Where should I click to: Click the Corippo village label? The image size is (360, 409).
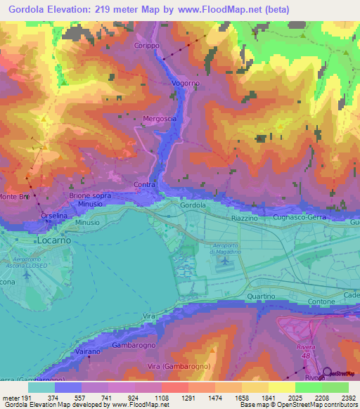[x=148, y=45]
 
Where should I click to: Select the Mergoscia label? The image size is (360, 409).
[x=160, y=119]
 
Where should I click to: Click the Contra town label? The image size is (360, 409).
[x=144, y=185]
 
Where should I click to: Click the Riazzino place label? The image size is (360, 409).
[x=245, y=219]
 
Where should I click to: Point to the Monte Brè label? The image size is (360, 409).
[x=14, y=196]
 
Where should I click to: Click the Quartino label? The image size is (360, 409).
[x=259, y=297]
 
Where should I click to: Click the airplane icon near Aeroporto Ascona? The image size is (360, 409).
[x=27, y=274]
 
